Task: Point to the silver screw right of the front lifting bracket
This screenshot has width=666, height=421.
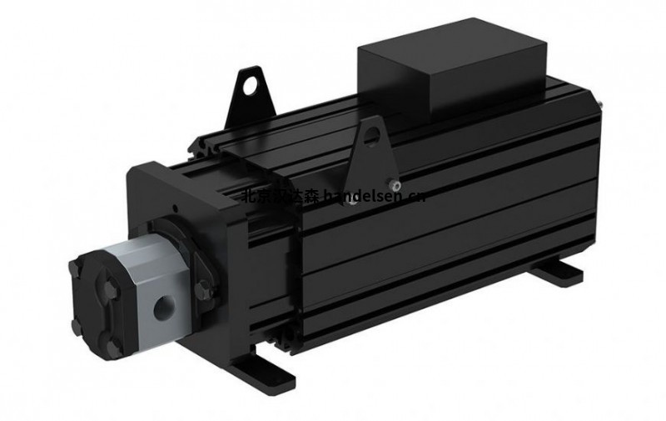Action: click(399, 182)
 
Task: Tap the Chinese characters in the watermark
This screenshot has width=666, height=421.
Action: click(267, 197)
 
